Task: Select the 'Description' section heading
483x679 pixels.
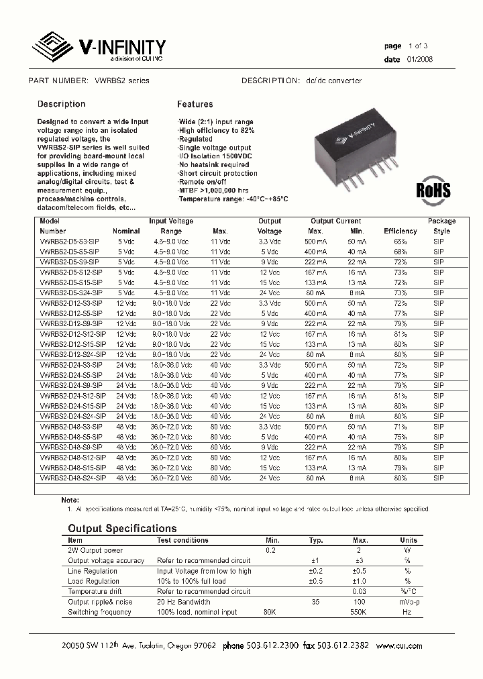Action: pyautogui.click(x=61, y=104)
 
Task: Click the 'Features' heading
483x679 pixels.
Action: pyautogui.click(x=195, y=104)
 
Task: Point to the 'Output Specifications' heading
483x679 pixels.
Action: pyautogui.click(x=122, y=529)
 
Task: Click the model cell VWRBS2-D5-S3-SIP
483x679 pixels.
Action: pyautogui.click(x=70, y=240)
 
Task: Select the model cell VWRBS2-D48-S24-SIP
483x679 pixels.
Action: pyautogui.click(x=72, y=478)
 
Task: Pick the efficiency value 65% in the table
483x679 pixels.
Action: pyautogui.click(x=400, y=240)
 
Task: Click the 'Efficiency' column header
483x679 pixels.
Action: pyautogui.click(x=400, y=231)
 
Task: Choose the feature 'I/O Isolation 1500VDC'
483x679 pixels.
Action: pyautogui.click(x=216, y=156)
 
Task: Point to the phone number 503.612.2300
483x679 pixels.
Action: pyautogui.click(x=270, y=646)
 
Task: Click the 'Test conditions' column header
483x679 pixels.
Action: pyautogui.click(x=182, y=540)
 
